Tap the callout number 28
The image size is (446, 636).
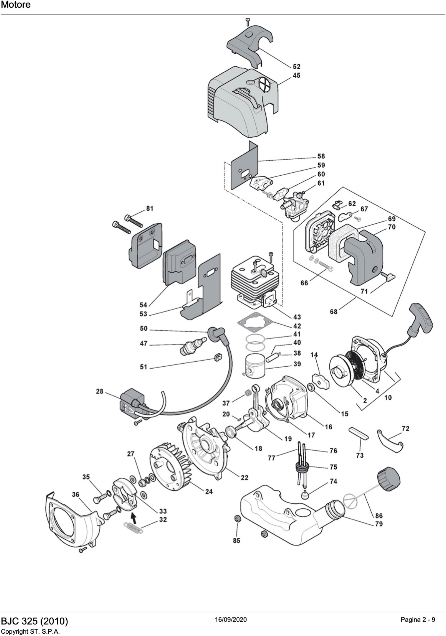click(100, 391)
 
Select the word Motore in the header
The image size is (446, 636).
click(16, 5)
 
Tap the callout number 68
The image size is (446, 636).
click(334, 312)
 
